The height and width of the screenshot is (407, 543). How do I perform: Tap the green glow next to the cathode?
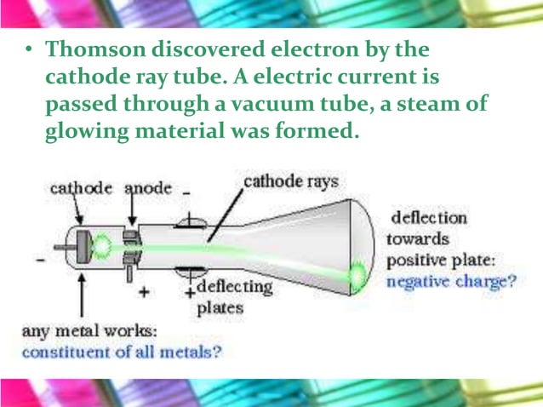[103, 247]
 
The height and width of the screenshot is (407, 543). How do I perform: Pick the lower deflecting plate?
[191, 272]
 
